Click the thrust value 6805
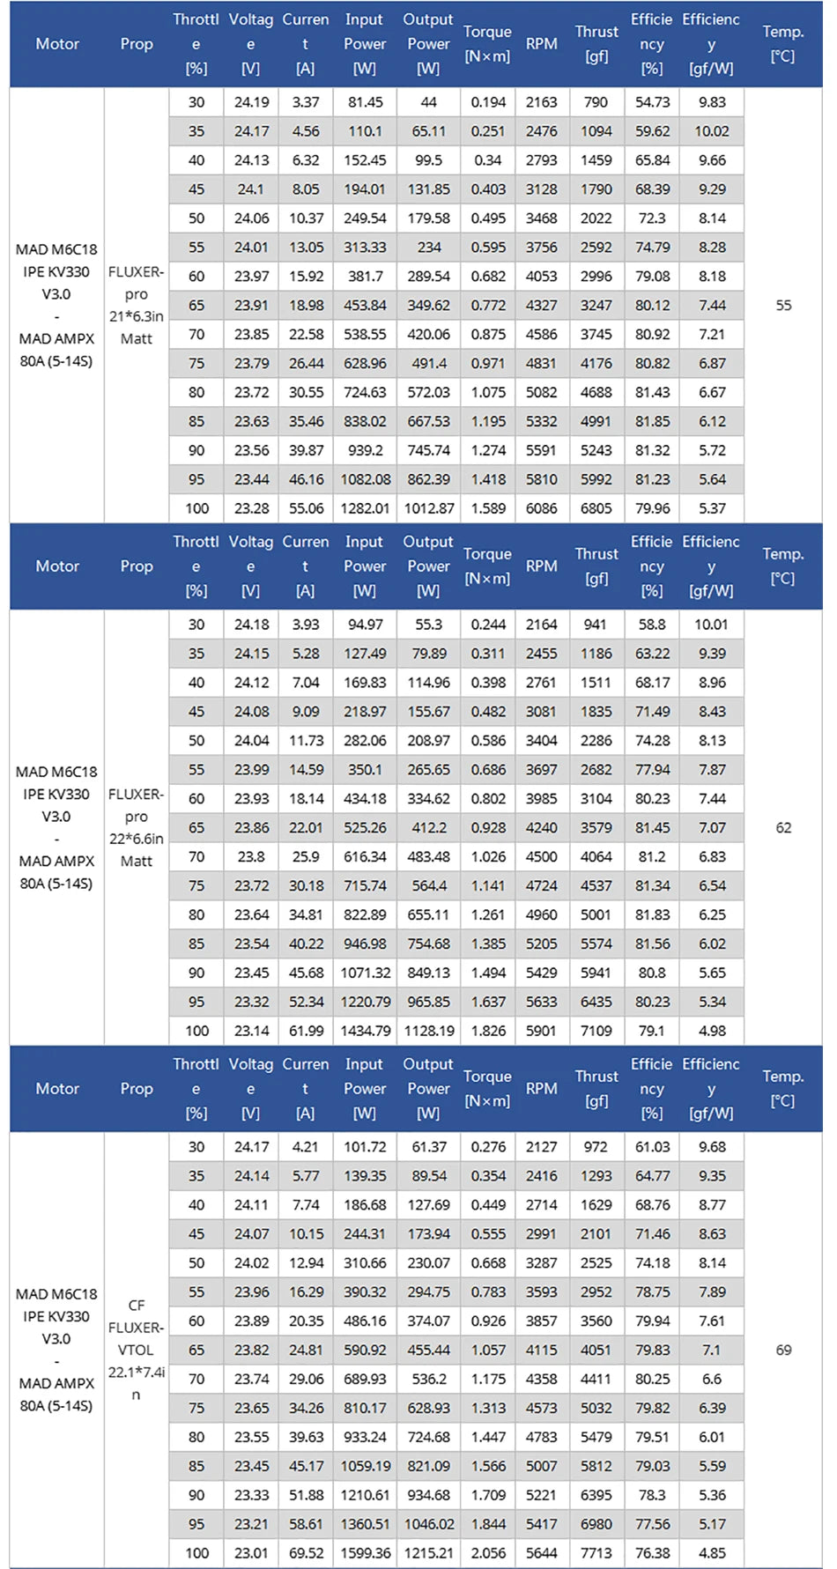click(596, 508)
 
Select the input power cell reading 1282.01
click(365, 508)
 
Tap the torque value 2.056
click(487, 1553)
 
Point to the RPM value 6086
click(541, 508)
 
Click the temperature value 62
click(782, 827)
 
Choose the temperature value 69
click(782, 1350)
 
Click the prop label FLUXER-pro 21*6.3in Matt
click(136, 305)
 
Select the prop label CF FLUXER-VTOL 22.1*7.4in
click(136, 1350)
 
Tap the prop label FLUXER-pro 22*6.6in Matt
click(136, 827)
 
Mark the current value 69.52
click(306, 1553)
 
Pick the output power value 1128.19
click(428, 1031)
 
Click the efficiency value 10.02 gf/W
click(711, 131)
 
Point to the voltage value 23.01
click(251, 1553)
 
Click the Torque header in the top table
click(487, 43)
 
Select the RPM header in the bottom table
click(541, 1088)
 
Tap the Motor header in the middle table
click(57, 566)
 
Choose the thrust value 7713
click(596, 1553)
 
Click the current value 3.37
click(306, 102)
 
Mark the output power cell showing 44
click(428, 102)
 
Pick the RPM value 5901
click(541, 1031)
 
